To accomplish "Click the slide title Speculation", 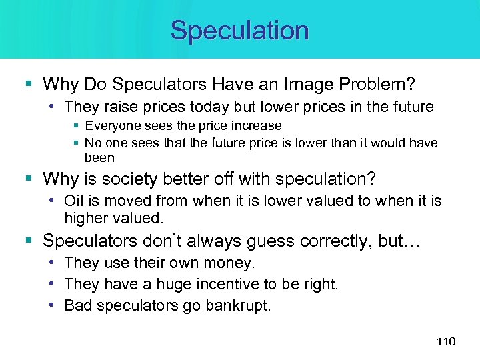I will [x=239, y=31].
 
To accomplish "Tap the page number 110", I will [x=445, y=341].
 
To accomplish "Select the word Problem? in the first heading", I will [x=378, y=84].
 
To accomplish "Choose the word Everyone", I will [x=112, y=126].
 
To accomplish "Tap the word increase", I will [x=259, y=126].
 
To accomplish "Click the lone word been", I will [x=99, y=158].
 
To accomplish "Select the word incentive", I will [x=226, y=285].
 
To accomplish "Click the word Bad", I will [x=77, y=305].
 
